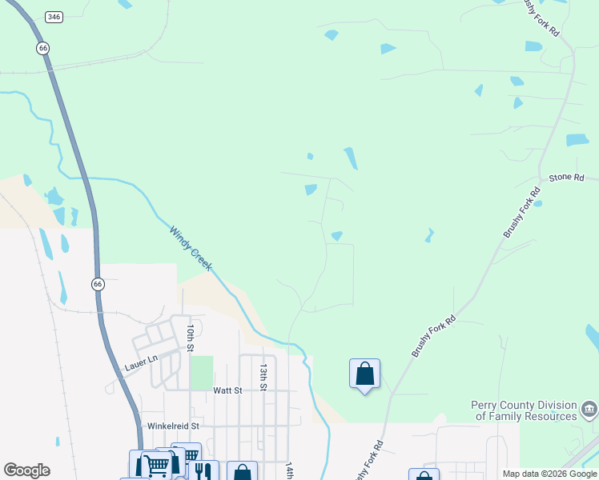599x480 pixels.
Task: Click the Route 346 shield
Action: pyautogui.click(x=54, y=17)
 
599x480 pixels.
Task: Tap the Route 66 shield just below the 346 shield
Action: pyautogui.click(x=43, y=49)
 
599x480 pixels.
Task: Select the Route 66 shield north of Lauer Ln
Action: pyautogui.click(x=97, y=284)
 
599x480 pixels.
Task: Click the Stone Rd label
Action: pyautogui.click(x=566, y=177)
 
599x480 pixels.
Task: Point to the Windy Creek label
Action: pyautogui.click(x=191, y=248)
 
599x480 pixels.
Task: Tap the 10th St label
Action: pyautogui.click(x=190, y=338)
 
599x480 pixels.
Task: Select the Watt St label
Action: pyautogui.click(x=227, y=390)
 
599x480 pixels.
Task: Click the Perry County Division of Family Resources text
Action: pyautogui.click(x=524, y=410)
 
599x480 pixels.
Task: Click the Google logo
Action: pyautogui.click(x=26, y=470)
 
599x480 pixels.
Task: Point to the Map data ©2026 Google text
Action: pyautogui.click(x=549, y=474)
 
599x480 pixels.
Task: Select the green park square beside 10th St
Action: pyautogui.click(x=202, y=373)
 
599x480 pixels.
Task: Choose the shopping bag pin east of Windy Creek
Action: pyautogui.click(x=364, y=374)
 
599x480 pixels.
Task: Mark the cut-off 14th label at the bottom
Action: pyautogui.click(x=290, y=471)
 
